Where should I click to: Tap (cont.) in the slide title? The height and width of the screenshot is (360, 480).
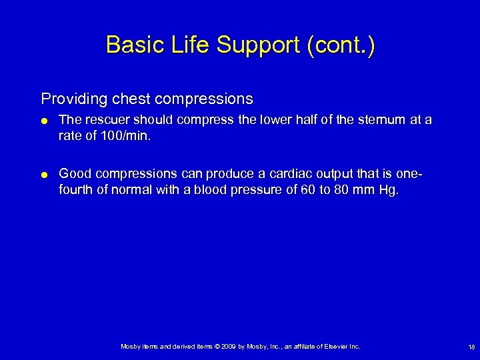[341, 45]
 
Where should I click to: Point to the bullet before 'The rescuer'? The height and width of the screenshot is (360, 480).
[45, 121]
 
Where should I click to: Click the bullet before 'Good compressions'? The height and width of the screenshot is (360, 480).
[45, 175]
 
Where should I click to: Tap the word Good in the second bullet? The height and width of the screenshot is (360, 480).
[75, 173]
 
